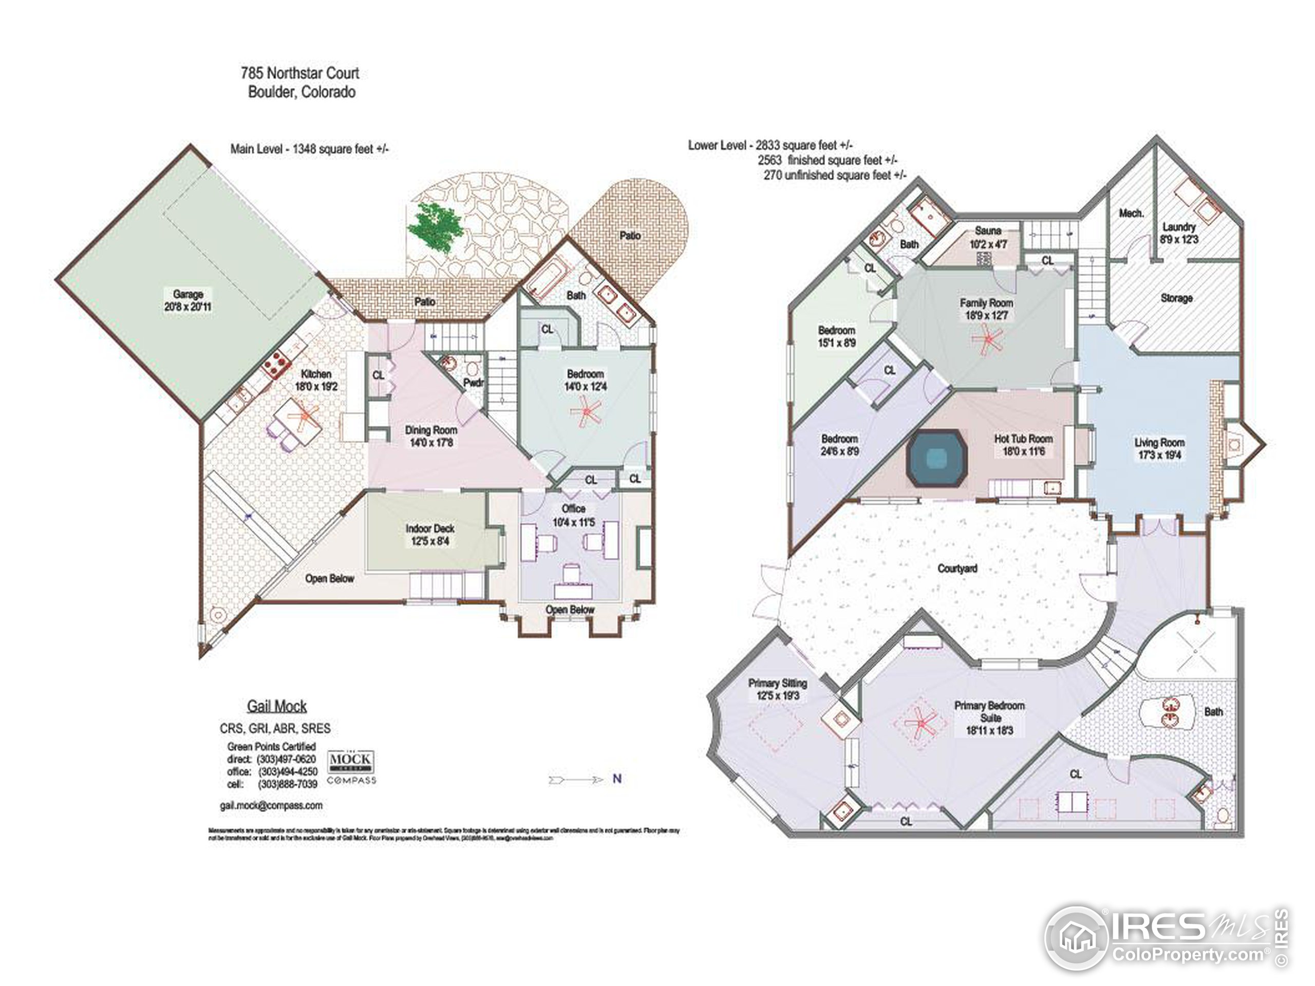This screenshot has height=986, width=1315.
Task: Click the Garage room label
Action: (x=188, y=294)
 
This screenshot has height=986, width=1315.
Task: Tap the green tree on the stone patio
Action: (x=436, y=226)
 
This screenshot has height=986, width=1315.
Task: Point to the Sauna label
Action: (x=988, y=231)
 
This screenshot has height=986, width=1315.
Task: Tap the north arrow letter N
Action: (x=617, y=779)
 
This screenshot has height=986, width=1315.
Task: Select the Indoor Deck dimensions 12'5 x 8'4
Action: (x=430, y=541)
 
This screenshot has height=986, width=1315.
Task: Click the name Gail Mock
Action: (x=277, y=706)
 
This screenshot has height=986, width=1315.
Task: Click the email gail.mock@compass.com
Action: (x=271, y=805)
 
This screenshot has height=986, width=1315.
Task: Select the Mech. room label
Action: (x=1131, y=213)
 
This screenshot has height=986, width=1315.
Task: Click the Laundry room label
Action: (x=1179, y=226)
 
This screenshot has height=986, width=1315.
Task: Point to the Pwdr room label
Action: (x=473, y=383)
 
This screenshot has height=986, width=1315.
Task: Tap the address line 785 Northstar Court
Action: (x=299, y=73)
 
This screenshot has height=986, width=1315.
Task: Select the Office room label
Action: (x=573, y=509)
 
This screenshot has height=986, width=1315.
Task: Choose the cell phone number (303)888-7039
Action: (x=288, y=785)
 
